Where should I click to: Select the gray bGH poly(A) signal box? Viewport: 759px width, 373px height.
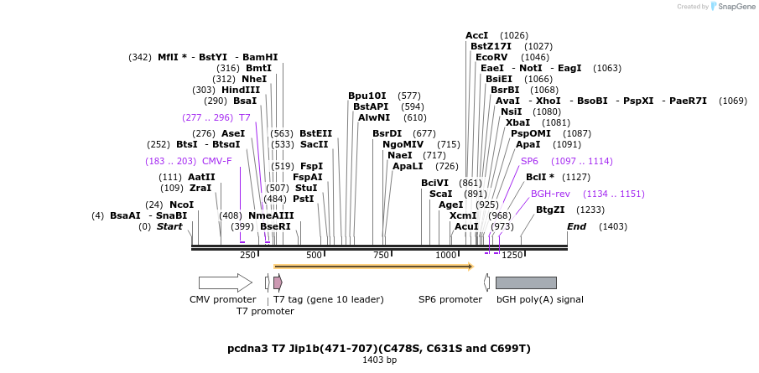pyautogui.click(x=526, y=282)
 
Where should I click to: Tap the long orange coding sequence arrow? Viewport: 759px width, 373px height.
pyautogui.click(x=373, y=267)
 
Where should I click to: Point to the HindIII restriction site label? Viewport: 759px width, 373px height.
pyautogui.click(x=241, y=90)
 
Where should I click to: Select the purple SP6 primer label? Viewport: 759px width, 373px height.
pyautogui.click(x=529, y=161)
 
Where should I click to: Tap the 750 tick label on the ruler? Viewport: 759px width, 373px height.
pyautogui.click(x=381, y=255)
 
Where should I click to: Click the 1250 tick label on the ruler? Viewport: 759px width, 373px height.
pyautogui.click(x=512, y=255)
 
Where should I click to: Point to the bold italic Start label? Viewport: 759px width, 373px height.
pyautogui.click(x=169, y=226)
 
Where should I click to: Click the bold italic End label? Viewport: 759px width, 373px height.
pyautogui.click(x=576, y=226)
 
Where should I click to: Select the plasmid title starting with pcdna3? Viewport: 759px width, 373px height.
pyautogui.click(x=379, y=348)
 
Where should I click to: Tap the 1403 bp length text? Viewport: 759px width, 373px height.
pyautogui.click(x=379, y=360)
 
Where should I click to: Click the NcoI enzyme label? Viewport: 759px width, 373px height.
pyautogui.click(x=181, y=205)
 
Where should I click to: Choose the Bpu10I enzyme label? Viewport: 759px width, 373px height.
pyautogui.click(x=367, y=96)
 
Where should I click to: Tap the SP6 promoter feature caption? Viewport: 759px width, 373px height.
pyautogui.click(x=450, y=299)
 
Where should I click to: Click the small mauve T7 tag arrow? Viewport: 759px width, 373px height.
pyautogui.click(x=278, y=282)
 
